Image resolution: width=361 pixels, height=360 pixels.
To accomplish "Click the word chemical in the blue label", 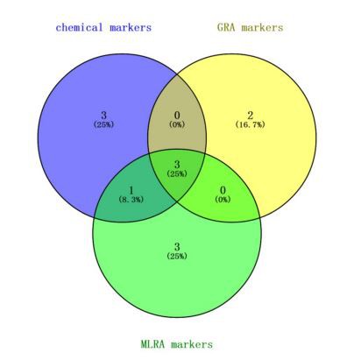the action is tap(79, 27).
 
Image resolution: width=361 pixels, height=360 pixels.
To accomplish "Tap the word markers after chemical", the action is tap(131, 28).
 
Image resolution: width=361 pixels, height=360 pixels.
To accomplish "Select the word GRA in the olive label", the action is tap(226, 27).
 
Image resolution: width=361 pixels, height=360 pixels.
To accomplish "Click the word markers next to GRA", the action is tap(262, 28).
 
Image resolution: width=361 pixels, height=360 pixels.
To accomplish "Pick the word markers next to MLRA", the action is tap(192, 344).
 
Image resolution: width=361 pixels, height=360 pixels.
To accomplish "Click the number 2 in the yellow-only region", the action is tap(251, 115).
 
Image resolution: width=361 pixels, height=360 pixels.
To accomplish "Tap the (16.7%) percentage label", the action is tap(251, 124).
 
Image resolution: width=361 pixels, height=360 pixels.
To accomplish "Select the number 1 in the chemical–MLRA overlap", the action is tap(131, 190).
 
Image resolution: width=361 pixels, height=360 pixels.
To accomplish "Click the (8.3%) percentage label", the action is tap(131, 200).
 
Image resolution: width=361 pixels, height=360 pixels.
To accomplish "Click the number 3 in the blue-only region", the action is tap(103, 115).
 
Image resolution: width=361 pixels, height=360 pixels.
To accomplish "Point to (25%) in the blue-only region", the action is tap(103, 124).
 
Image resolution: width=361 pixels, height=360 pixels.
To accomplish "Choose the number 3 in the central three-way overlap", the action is tap(177, 164).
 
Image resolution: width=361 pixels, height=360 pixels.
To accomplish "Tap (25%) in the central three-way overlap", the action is tap(177, 173).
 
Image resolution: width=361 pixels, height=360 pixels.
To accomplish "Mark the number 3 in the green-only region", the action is tap(177, 247).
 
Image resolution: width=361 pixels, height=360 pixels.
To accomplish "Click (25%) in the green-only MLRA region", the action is tap(177, 257).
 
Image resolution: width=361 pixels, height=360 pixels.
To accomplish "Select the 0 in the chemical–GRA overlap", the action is tap(177, 115).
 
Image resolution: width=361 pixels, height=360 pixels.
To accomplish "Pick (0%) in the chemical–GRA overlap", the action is tap(177, 124).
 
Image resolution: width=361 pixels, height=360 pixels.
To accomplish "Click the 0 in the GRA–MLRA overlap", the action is tap(223, 190).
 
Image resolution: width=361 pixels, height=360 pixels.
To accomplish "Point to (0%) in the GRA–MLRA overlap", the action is tap(223, 200).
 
